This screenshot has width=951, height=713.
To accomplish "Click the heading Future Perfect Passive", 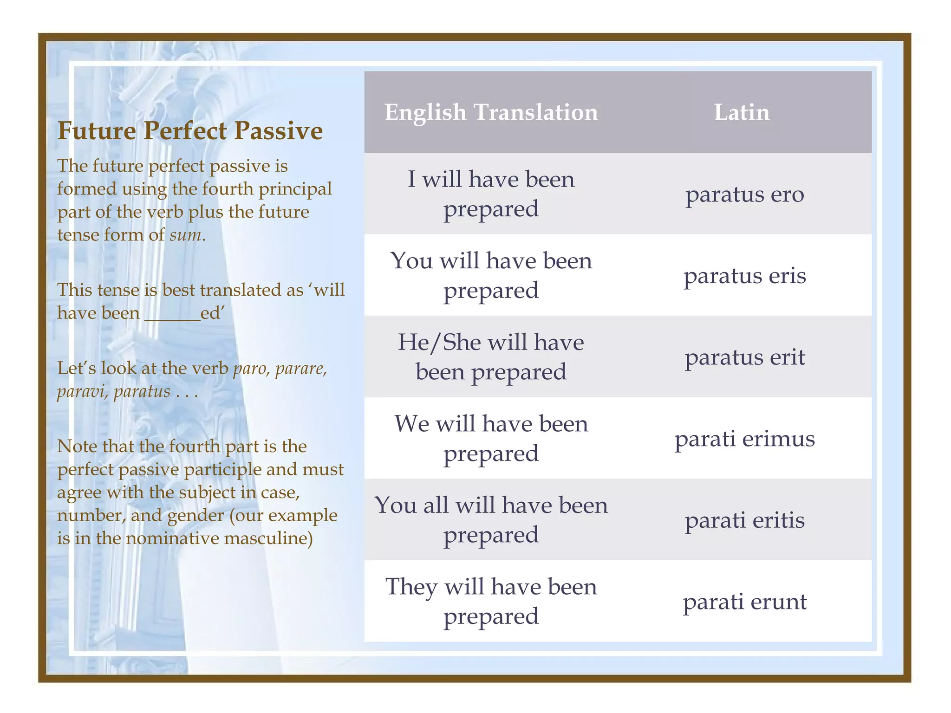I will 190,130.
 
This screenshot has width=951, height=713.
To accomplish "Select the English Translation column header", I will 491,112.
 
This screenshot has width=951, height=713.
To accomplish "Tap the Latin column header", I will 742,112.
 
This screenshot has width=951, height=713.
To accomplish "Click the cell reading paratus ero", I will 744,194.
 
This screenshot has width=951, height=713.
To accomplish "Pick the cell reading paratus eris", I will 744,276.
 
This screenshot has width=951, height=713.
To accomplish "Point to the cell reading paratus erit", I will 744,357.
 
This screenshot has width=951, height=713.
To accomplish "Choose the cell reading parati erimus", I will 744,439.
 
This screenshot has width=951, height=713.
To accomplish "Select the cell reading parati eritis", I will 744,520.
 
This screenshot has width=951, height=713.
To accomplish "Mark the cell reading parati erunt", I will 744,602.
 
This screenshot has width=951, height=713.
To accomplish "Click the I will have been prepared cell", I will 491,194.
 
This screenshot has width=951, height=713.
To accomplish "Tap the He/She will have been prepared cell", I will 491,357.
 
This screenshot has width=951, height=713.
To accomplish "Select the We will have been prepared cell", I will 491,439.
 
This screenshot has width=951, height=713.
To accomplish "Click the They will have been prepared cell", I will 491,602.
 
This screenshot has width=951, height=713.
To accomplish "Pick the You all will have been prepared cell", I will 491,520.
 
